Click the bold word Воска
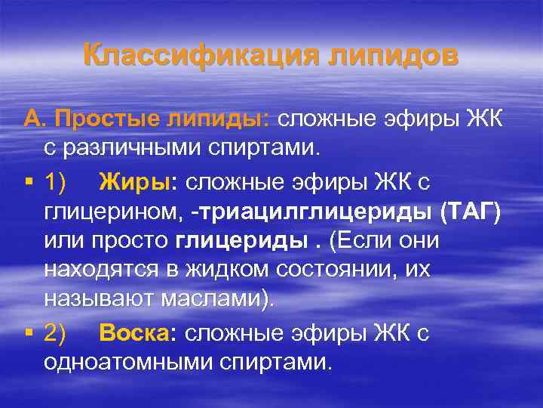(x=138, y=332)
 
